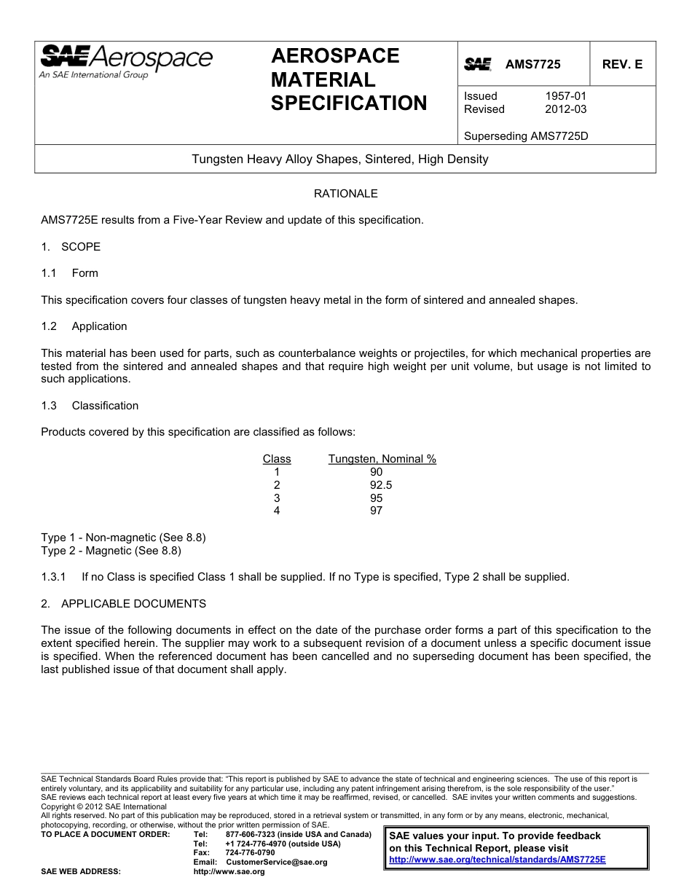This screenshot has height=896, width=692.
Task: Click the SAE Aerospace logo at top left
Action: click(x=125, y=61)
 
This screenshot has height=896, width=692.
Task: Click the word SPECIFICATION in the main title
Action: click(x=349, y=103)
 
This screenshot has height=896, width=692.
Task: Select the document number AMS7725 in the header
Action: click(x=533, y=65)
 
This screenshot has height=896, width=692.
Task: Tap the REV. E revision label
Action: click(x=622, y=65)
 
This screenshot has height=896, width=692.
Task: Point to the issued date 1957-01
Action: click(x=565, y=96)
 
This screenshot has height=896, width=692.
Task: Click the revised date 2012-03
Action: click(x=565, y=109)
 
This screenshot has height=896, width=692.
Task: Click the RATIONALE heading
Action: click(x=345, y=194)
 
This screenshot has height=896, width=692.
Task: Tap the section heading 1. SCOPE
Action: click(x=71, y=247)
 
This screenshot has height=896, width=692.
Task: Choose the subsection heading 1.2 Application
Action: click(x=84, y=326)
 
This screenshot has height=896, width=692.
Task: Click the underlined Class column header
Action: click(x=277, y=459)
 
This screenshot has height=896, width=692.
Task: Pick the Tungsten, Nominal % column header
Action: click(x=382, y=459)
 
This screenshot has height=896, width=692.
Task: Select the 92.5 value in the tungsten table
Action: click(x=376, y=485)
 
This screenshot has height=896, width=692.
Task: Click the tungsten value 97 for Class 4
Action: click(x=376, y=511)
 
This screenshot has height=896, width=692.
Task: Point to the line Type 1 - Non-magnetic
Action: click(x=123, y=538)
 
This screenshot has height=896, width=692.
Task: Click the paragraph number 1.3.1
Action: click(x=54, y=577)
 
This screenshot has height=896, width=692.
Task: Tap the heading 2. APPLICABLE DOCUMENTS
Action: click(x=124, y=604)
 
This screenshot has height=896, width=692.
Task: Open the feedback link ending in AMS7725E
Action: click(x=498, y=860)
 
